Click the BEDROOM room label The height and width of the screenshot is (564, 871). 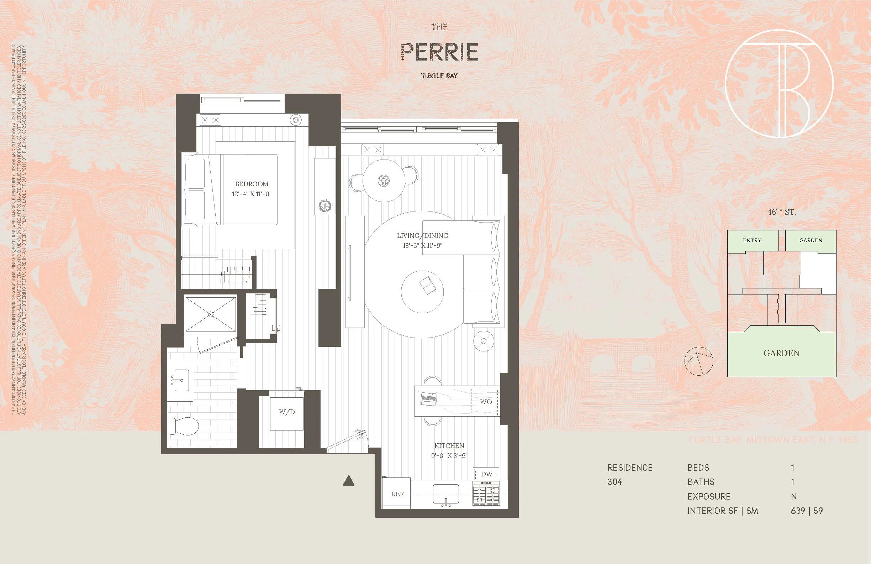coord(252,184)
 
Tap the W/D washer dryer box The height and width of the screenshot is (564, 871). coord(286,412)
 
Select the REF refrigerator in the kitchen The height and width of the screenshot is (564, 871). coord(397,494)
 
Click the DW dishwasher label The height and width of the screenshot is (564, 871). coord(486,474)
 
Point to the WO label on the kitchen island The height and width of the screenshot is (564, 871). coord(486,402)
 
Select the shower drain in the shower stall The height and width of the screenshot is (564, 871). coord(210,314)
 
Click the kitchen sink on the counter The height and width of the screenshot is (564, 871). coord(446,495)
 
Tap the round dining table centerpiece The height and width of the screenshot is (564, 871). coord(384,181)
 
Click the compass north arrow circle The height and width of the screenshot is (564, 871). coord(699,361)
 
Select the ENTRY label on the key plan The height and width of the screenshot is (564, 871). coord(752,240)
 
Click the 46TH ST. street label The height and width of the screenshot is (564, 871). coord(781,212)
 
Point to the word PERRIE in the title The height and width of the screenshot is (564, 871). coord(439,52)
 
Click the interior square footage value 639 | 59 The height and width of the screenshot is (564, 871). coord(807,511)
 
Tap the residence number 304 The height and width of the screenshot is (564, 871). coord(614,482)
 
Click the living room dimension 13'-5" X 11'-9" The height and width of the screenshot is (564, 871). coord(422,245)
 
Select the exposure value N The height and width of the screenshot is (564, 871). coord(793,497)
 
